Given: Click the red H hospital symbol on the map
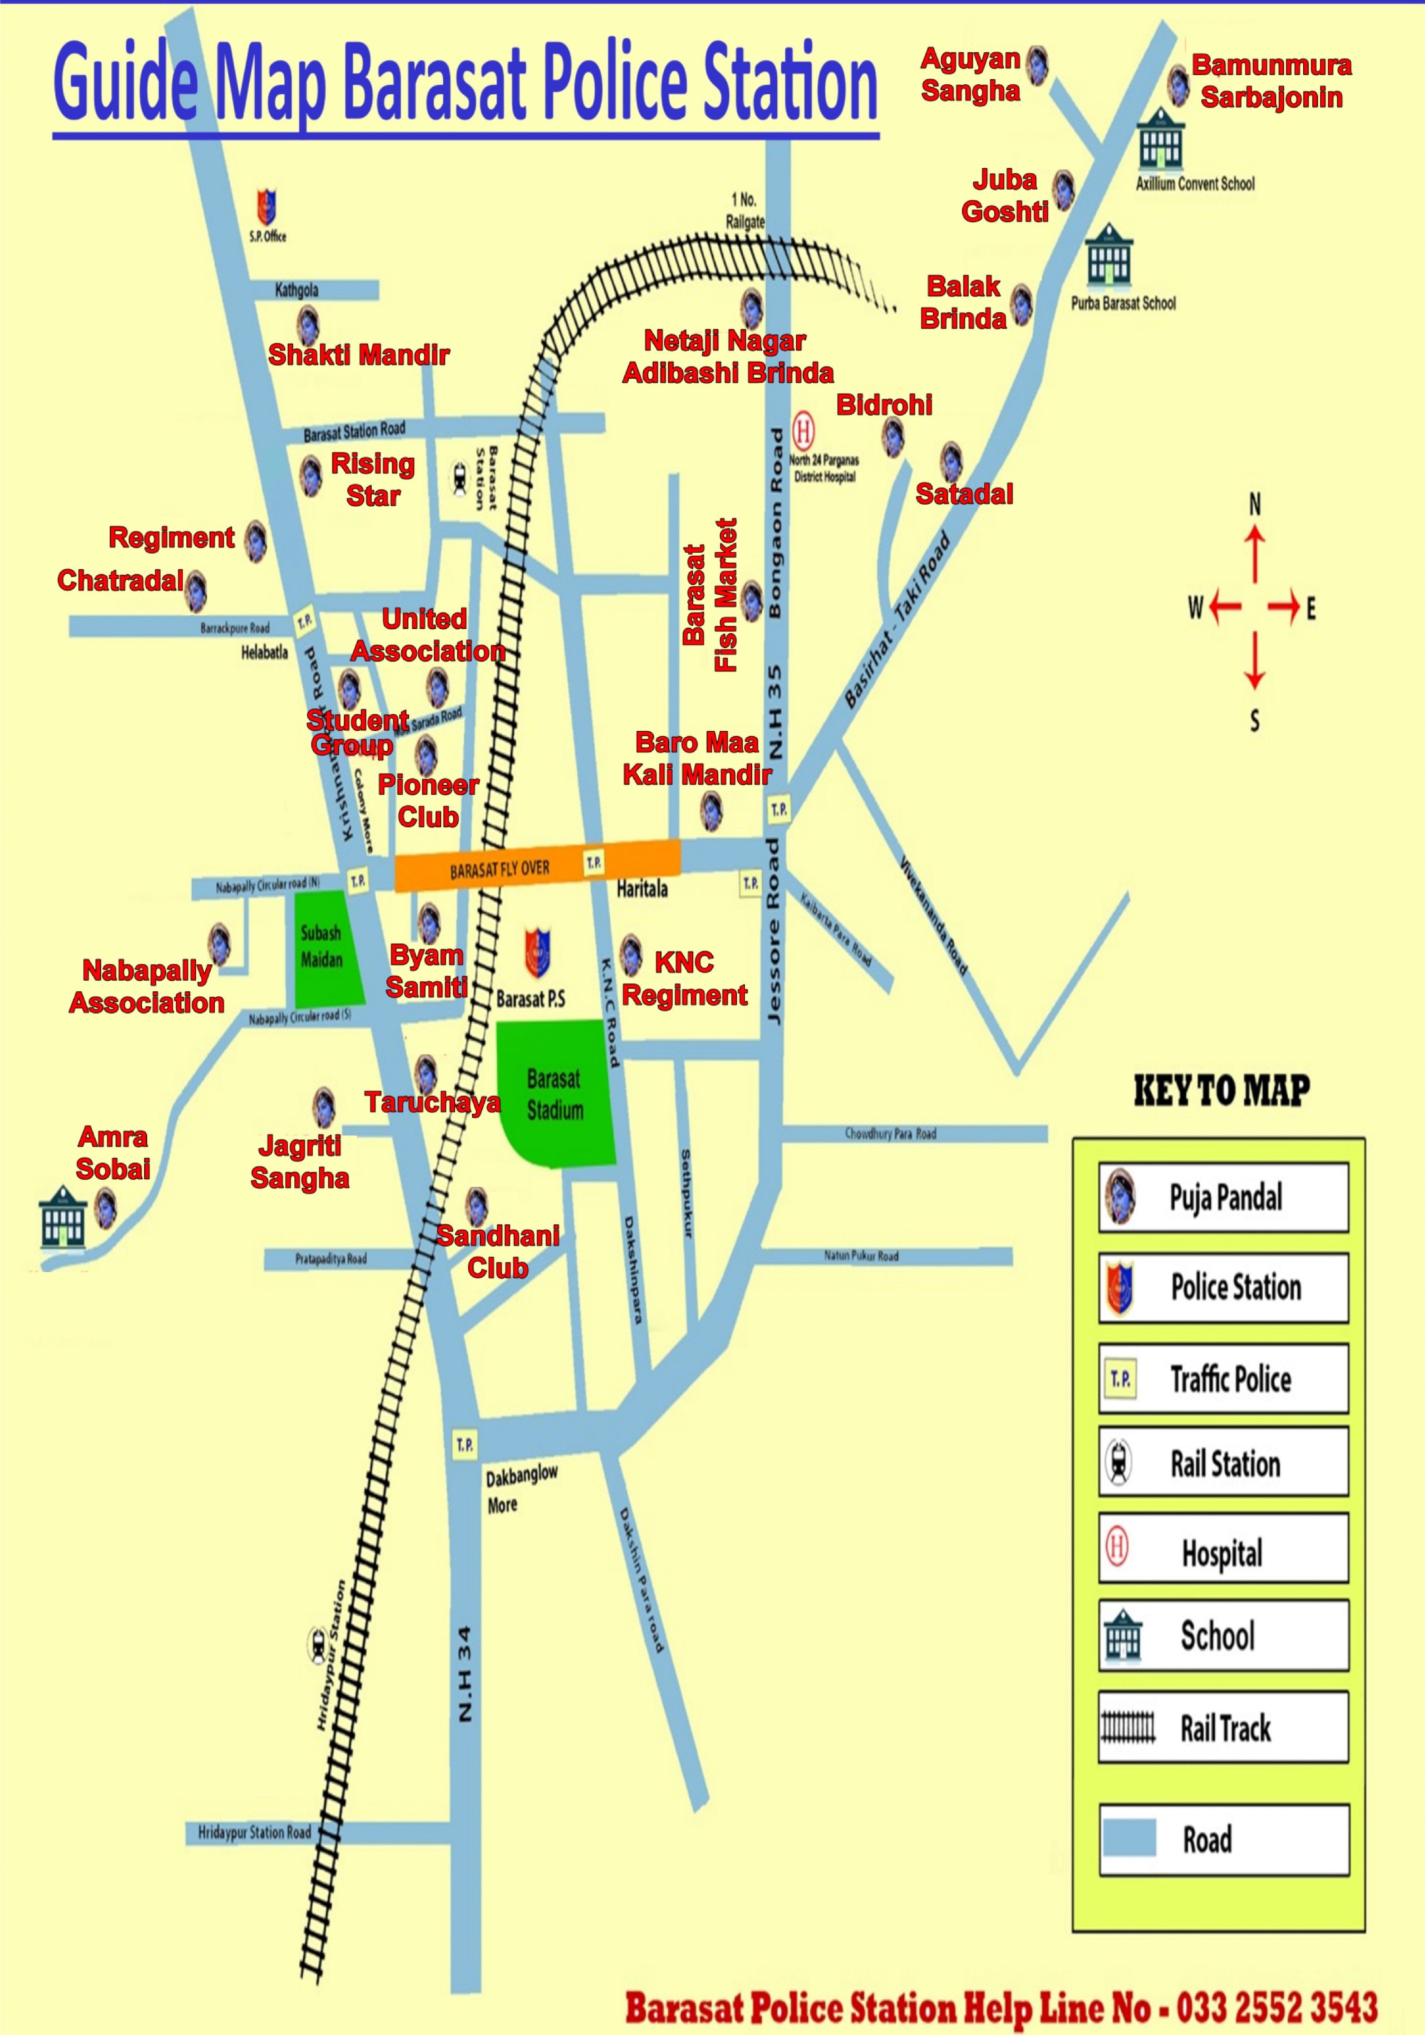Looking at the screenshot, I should [x=803, y=431].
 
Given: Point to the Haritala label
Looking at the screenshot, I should [x=642, y=889].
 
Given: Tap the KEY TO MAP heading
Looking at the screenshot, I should [x=1222, y=1090].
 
